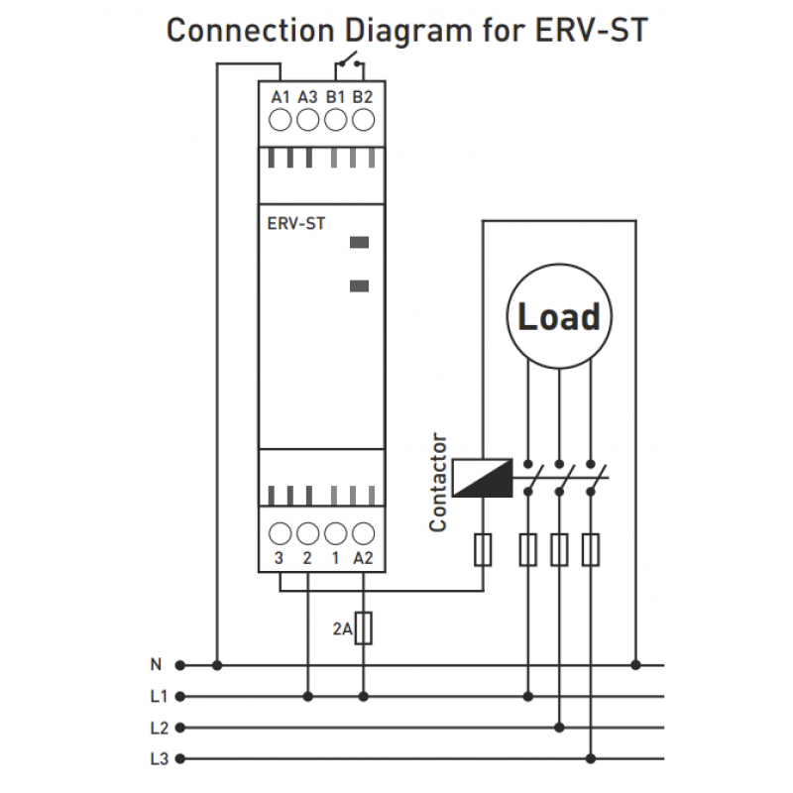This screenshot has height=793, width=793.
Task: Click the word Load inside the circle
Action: (559, 316)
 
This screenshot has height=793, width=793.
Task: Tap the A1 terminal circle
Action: (281, 121)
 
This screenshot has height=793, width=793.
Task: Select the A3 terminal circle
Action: (307, 121)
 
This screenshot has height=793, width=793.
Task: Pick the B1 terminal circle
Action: (336, 121)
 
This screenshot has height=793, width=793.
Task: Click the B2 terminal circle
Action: (364, 121)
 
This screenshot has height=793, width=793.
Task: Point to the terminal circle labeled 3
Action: (281, 531)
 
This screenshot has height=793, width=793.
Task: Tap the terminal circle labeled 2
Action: (307, 531)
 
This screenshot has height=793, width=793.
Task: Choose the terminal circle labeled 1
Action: (336, 531)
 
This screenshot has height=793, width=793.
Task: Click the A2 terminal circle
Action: (364, 531)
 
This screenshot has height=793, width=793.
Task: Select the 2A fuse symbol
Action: (364, 627)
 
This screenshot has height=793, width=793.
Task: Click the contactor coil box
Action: (482, 478)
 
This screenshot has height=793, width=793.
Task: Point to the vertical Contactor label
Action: (438, 483)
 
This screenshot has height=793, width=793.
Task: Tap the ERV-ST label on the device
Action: (296, 223)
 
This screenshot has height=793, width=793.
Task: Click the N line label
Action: (155, 664)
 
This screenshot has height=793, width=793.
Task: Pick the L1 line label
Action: (158, 696)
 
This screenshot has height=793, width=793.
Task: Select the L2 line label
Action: (158, 728)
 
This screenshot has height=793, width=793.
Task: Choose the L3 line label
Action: (158, 759)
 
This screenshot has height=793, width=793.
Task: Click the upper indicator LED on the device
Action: (360, 241)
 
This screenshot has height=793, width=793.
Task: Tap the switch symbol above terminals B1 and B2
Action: (348, 65)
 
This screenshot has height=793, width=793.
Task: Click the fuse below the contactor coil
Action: (483, 549)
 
